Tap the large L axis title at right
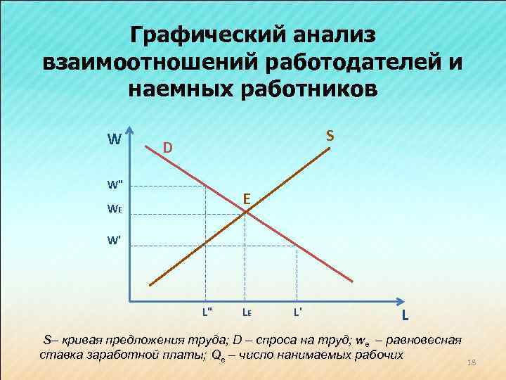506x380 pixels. click(x=407, y=316)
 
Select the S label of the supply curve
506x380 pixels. click(x=330, y=134)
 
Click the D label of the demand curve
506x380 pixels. click(x=167, y=148)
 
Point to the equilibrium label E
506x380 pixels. click(x=247, y=199)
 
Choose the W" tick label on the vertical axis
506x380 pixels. click(x=115, y=186)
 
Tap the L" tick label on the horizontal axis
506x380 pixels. click(x=207, y=310)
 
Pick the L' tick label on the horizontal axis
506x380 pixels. click(x=298, y=310)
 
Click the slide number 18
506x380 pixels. click(x=472, y=362)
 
